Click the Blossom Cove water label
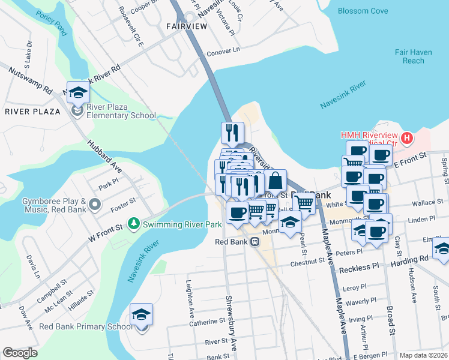point(363,11)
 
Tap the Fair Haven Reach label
point(413,56)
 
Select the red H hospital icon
point(407,139)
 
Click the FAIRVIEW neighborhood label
point(186,26)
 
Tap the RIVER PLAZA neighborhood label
point(32,112)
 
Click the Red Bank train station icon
point(255,242)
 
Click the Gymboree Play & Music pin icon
point(94,205)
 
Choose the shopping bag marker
point(275,181)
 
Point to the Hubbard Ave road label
point(105,157)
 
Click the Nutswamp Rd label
point(29,80)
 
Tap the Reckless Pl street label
point(360,265)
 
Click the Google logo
point(20,353)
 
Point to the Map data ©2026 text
point(423,355)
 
